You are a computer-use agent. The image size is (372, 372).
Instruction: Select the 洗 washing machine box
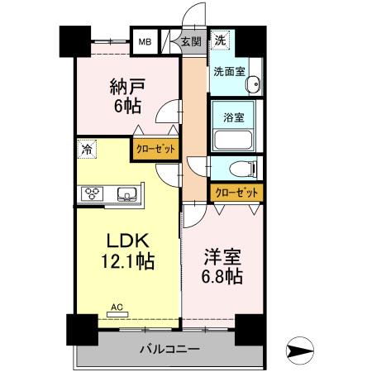click(x=221, y=39)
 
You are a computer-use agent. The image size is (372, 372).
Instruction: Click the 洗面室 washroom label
click(x=229, y=72)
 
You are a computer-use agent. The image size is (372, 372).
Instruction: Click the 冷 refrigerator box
click(x=86, y=149)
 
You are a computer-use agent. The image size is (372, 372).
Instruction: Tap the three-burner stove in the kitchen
click(x=91, y=194)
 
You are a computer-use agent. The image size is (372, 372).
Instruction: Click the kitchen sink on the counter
click(x=127, y=194)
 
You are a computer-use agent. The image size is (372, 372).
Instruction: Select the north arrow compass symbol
click(x=303, y=350)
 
